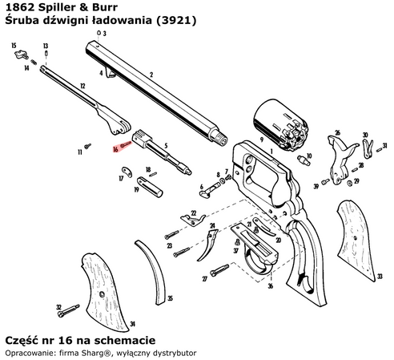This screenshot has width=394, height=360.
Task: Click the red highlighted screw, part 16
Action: (x=127, y=144)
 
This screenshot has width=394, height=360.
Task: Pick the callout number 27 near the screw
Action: (x=205, y=278)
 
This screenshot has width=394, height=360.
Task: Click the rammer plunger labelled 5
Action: (x=172, y=161)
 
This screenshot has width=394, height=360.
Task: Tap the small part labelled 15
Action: (x=22, y=58)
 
